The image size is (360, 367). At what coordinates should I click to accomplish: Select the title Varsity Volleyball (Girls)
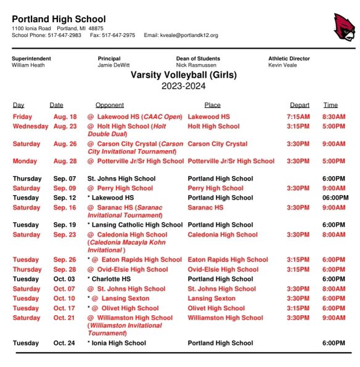click(183, 75)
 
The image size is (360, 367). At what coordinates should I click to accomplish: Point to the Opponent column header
click(109, 105)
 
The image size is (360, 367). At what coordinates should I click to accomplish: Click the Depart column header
click(300, 105)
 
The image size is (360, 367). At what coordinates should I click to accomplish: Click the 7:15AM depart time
click(300, 116)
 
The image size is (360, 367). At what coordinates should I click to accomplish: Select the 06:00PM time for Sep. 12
click(335, 198)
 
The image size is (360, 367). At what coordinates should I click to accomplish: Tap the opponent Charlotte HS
click(112, 279)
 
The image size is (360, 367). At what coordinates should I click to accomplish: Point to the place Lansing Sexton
click(211, 299)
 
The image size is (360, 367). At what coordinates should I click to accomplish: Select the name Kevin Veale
click(284, 65)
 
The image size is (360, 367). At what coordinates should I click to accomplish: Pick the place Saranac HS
click(205, 208)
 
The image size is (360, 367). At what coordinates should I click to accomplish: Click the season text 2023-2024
click(183, 86)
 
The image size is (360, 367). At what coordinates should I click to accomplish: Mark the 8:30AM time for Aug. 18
click(334, 116)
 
